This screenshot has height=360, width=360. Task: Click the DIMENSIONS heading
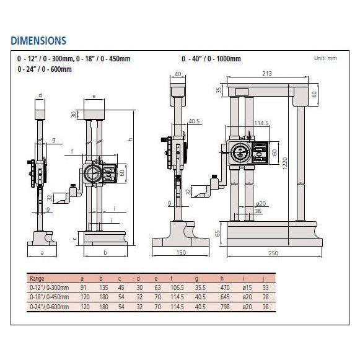click(38, 41)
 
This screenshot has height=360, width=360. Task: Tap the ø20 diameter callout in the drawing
click(261, 203)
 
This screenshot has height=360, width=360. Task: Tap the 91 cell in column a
click(83, 288)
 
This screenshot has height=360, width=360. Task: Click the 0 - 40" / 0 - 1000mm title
click(211, 58)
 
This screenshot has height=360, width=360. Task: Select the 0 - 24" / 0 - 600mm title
click(45, 69)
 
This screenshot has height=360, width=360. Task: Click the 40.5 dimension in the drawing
click(193, 121)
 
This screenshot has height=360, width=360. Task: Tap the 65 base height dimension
click(218, 234)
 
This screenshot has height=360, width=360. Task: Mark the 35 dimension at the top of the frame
click(218, 90)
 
